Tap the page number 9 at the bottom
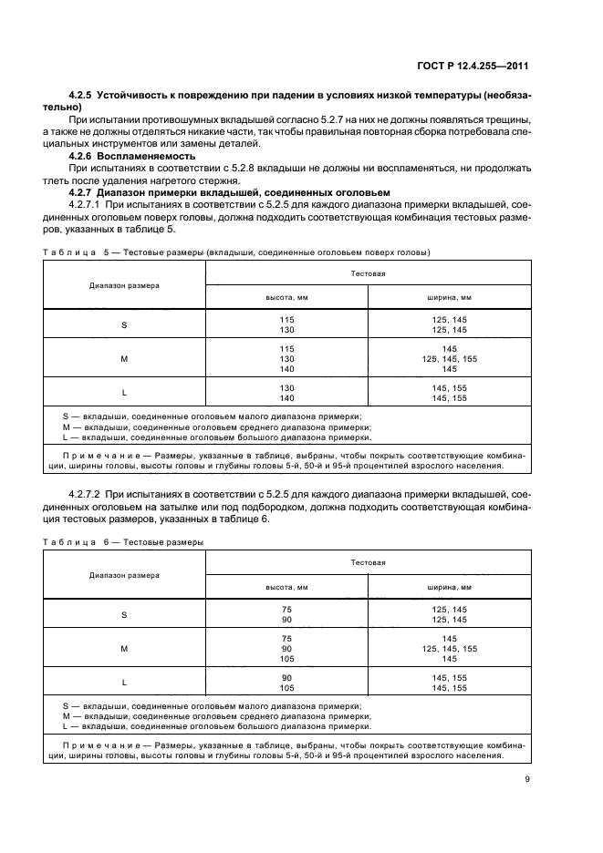coord(526,778)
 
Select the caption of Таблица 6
coord(123,542)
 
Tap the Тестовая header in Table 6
coord(369,562)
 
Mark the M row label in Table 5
coord(124,359)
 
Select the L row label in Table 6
coord(124,683)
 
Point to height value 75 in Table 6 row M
coord(286,638)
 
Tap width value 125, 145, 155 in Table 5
coord(450,359)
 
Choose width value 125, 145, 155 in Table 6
coord(450,649)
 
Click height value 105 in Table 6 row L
coord(286,688)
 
